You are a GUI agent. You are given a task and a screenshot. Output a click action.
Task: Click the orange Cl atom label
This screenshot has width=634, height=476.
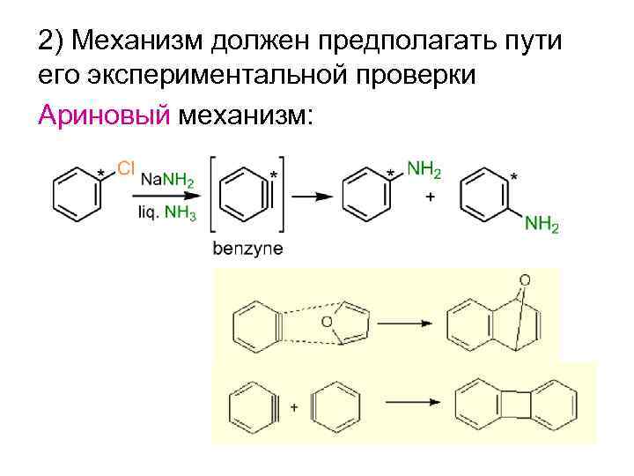coord(125,167)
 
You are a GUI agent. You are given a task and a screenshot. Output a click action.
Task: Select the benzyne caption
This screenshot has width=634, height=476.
coord(247,248)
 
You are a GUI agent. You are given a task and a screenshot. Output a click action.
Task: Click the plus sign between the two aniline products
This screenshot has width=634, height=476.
coord(429,198)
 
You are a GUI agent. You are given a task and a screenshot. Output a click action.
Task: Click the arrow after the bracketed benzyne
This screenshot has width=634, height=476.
coord(311,197)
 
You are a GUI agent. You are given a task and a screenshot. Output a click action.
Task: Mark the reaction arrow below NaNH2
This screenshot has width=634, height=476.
coord(167,197)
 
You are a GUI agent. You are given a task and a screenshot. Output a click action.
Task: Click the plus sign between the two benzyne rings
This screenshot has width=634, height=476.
coord(293,407)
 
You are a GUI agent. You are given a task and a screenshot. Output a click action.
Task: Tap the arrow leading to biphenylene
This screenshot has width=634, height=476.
coord(409,403)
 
